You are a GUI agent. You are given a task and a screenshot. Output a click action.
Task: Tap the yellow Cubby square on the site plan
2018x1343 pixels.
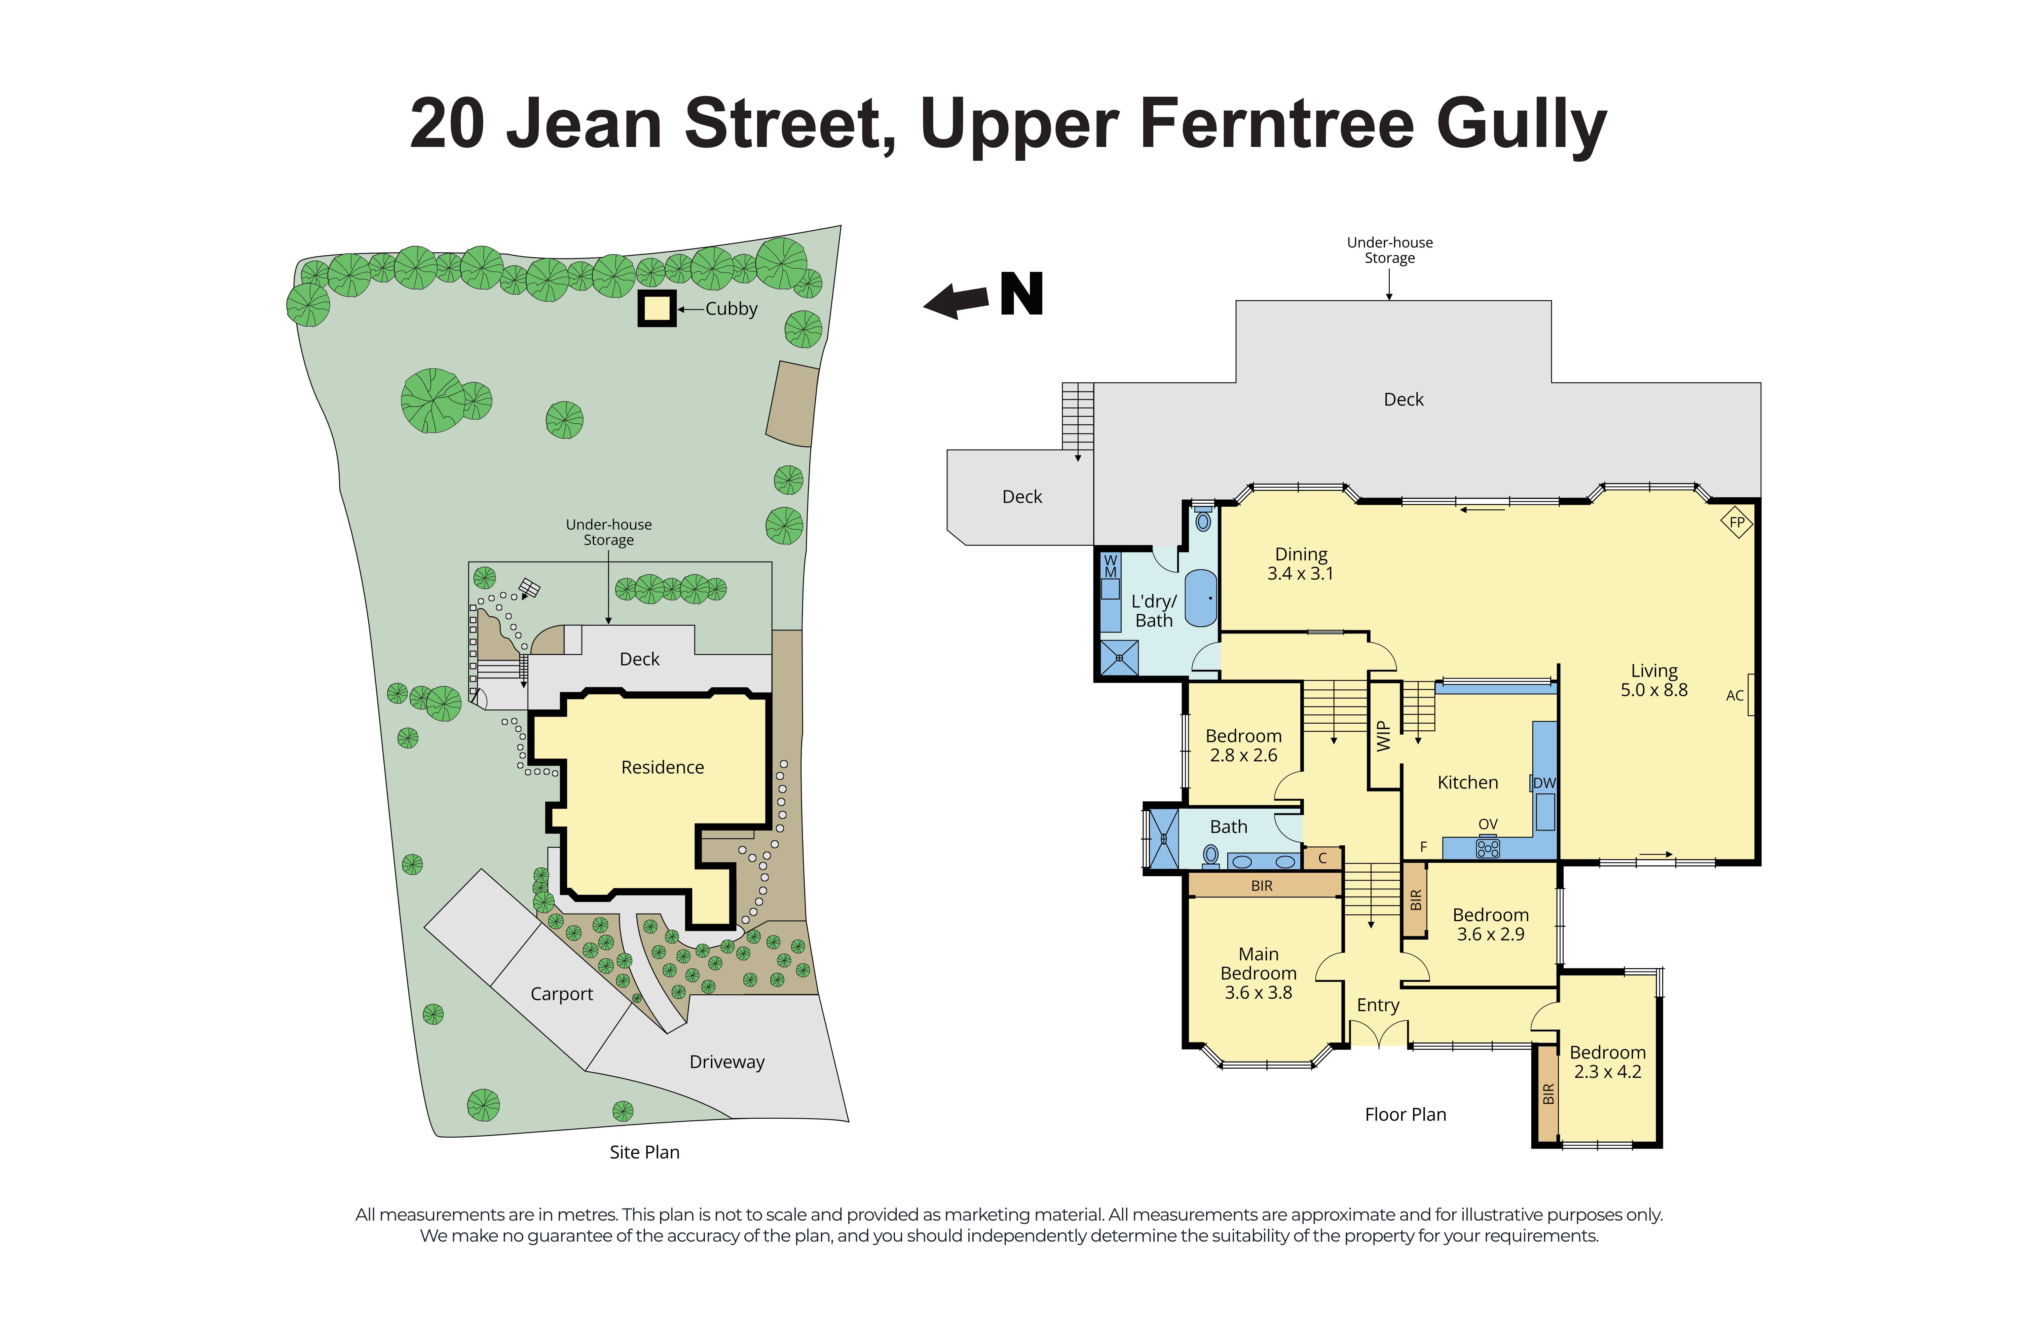tap(657, 308)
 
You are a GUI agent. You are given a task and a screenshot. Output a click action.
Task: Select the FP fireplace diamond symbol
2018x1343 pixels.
tap(1736, 522)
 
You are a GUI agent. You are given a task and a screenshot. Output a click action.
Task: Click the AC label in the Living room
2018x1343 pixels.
tap(1734, 695)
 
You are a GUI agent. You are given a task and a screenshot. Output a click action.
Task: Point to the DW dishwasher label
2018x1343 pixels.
tap(1543, 783)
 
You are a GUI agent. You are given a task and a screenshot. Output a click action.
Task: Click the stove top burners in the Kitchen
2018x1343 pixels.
tap(1488, 848)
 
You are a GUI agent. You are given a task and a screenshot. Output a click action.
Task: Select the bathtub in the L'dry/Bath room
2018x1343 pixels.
tap(1201, 597)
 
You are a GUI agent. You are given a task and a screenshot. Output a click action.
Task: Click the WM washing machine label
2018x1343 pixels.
tap(1110, 566)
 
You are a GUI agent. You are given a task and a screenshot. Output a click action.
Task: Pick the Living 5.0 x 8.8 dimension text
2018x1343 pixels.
tap(1653, 690)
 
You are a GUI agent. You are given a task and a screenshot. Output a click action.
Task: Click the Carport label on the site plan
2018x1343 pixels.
tap(561, 994)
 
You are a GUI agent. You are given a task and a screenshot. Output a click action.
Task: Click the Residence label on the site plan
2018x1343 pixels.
tap(662, 767)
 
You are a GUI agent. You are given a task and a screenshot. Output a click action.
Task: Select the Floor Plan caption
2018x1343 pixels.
tap(1405, 1114)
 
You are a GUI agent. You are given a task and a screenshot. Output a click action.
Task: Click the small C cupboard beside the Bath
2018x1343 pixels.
tap(1322, 857)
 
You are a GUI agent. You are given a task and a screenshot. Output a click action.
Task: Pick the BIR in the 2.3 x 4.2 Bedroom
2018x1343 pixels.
tap(1547, 1094)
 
